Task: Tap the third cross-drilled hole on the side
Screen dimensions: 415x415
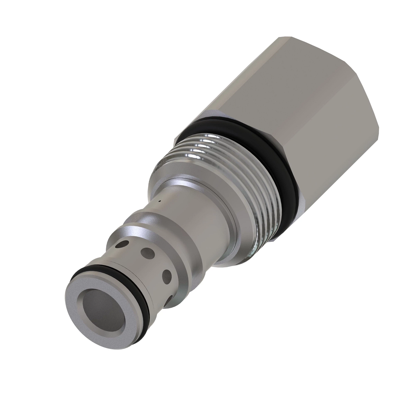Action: [167, 276]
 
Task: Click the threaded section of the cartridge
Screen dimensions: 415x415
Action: [239, 180]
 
